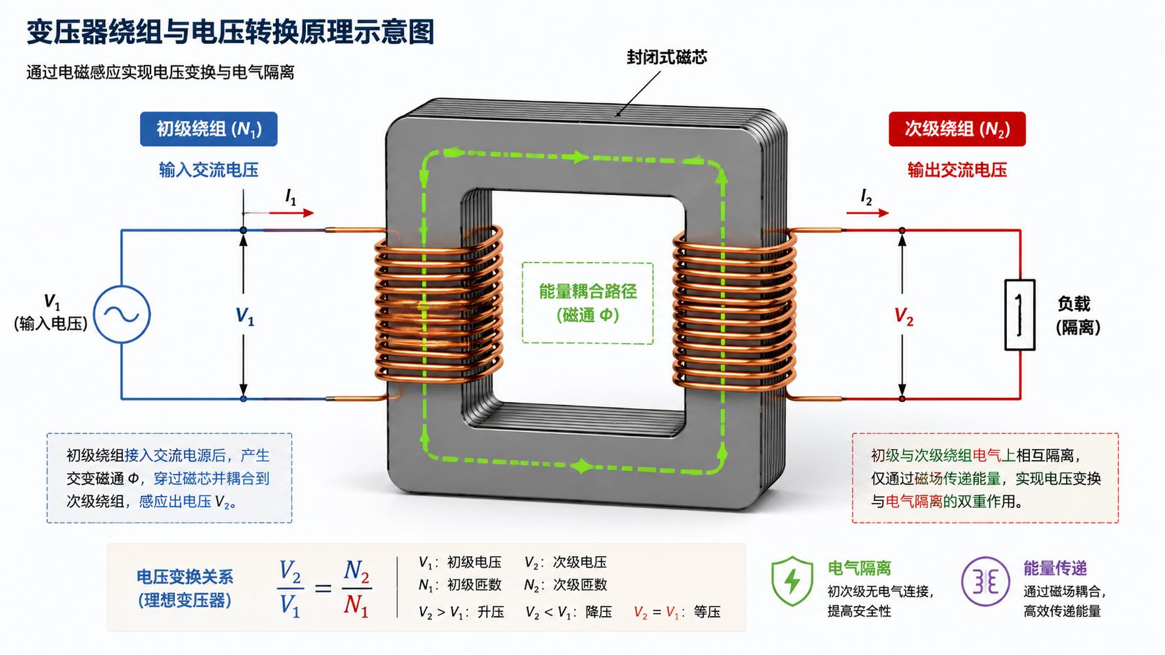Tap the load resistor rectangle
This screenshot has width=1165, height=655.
[1019, 315]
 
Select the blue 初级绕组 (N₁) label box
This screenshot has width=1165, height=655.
[208, 129]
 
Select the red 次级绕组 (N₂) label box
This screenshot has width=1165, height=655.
[957, 129]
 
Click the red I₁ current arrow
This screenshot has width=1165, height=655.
[279, 213]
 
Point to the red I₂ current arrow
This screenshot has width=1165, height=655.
[867, 213]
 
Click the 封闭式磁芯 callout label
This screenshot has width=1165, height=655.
[667, 57]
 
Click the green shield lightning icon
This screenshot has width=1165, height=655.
[792, 580]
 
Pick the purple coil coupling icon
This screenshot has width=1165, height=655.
[985, 581]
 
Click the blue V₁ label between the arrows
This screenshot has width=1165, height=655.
[245, 316]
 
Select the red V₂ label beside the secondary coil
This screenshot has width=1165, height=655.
[904, 316]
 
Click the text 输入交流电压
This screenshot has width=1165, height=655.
[208, 170]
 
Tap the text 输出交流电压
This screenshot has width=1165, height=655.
[957, 170]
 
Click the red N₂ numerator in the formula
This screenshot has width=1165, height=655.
[357, 572]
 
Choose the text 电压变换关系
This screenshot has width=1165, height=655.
[185, 576]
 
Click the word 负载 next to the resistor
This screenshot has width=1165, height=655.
[1074, 304]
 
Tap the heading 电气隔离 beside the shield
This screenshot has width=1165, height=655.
[859, 568]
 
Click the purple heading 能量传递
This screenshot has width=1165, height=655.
[1056, 568]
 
